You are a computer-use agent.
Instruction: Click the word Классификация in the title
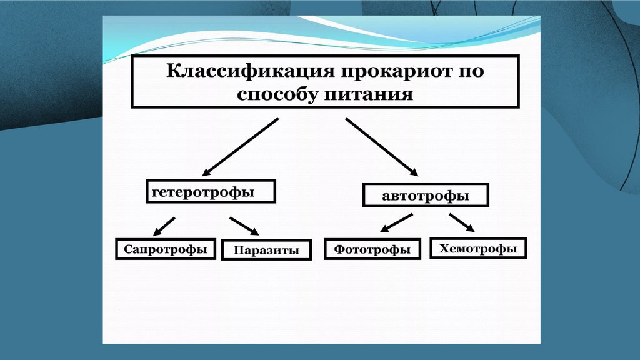click(x=250, y=71)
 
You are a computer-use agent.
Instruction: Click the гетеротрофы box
click(x=211, y=191)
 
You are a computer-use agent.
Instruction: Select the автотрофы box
click(x=425, y=196)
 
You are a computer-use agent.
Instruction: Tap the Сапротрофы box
click(x=165, y=249)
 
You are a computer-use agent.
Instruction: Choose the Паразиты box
click(x=266, y=251)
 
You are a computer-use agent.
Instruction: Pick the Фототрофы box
click(x=372, y=249)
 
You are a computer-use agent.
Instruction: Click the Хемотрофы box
click(x=478, y=248)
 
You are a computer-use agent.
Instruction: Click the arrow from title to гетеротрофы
click(x=241, y=146)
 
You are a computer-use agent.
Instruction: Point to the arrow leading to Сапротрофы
click(x=164, y=224)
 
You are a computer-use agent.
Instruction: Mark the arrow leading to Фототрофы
click(x=396, y=222)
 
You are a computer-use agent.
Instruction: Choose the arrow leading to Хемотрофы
click(x=462, y=222)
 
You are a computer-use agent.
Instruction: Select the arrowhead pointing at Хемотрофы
click(x=471, y=227)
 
